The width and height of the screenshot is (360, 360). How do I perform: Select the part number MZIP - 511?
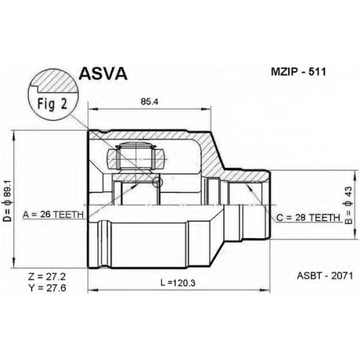(298, 72)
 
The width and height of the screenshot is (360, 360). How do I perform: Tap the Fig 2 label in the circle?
(53, 104)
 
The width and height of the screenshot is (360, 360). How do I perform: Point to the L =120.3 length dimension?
(178, 283)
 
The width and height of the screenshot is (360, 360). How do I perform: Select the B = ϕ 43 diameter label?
(348, 205)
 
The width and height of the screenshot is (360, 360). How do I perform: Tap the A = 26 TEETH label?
(53, 215)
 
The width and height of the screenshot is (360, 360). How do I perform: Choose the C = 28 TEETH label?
(308, 217)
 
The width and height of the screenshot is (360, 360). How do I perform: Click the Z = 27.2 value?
(47, 277)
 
